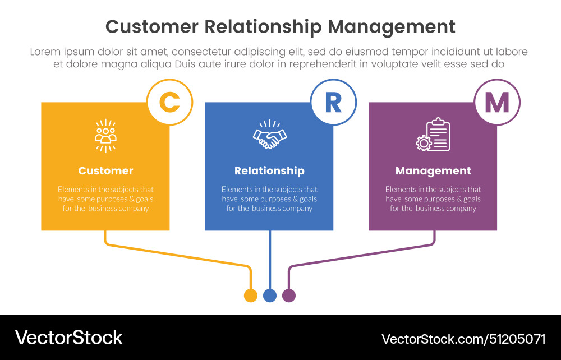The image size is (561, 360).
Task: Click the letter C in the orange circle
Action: tap(169, 102)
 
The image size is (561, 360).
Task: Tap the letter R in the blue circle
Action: tap(333, 102)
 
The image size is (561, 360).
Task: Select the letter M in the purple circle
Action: tap(496, 102)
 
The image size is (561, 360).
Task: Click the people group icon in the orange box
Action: tap(105, 136)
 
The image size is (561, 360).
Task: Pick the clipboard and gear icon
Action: tap(433, 135)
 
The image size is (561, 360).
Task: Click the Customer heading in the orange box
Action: tap(105, 171)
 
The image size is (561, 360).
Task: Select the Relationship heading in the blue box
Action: tap(269, 171)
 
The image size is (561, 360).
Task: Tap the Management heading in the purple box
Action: tap(433, 171)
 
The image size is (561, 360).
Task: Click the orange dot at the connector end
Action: tap(251, 296)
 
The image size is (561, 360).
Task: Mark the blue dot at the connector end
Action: tap(270, 296)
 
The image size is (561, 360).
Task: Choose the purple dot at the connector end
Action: tap(289, 296)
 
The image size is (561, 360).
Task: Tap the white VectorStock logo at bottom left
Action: tap(69, 338)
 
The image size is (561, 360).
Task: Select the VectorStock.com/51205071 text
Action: tap(463, 339)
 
